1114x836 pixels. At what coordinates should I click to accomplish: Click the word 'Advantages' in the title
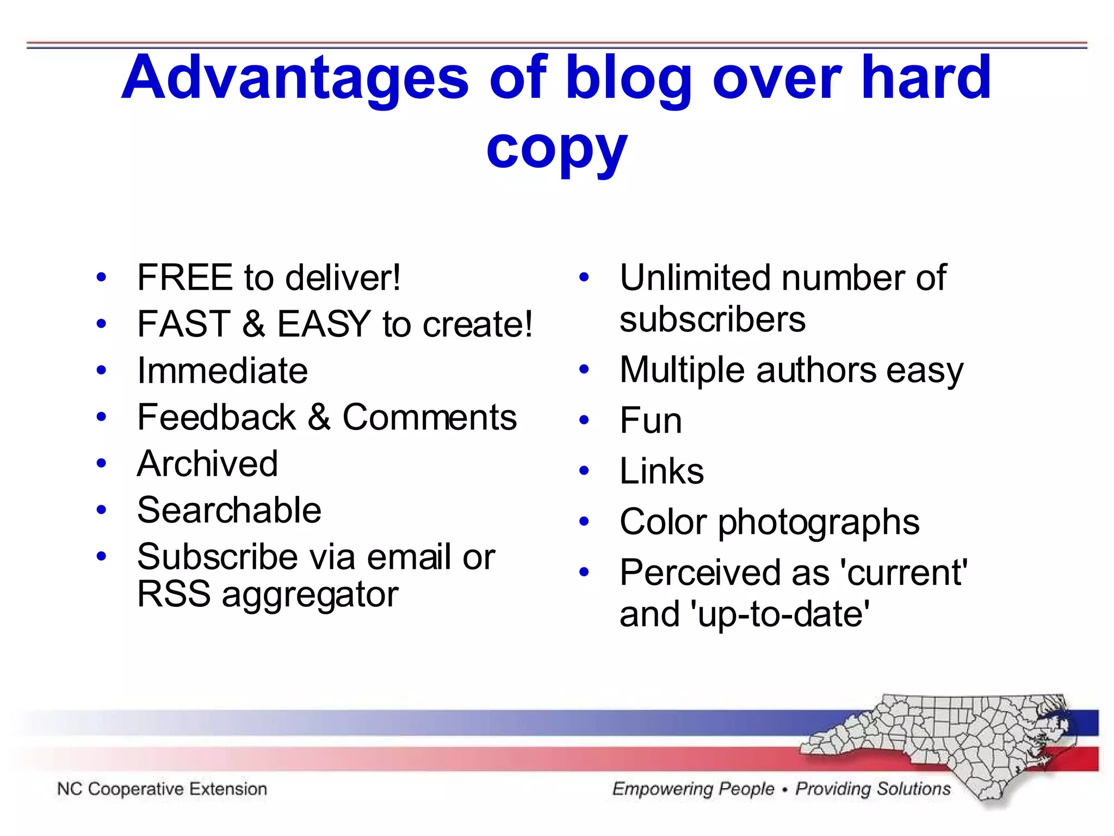(x=294, y=79)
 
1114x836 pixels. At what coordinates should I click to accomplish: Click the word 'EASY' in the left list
(x=324, y=324)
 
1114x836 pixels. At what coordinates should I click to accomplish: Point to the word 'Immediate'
(x=222, y=371)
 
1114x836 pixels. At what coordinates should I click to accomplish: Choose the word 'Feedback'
(x=216, y=417)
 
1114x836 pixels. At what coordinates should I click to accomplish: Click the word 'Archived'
(x=207, y=464)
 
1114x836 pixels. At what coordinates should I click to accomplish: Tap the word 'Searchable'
(x=229, y=511)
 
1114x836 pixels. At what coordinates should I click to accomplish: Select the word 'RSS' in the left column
(x=174, y=594)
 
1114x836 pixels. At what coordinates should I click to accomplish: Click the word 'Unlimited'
(x=695, y=278)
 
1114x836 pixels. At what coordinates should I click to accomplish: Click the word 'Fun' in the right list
(x=651, y=421)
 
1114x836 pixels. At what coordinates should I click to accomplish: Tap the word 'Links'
(x=661, y=471)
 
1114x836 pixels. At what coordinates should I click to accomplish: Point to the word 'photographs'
(x=819, y=522)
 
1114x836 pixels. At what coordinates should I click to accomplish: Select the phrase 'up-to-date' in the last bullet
(x=779, y=614)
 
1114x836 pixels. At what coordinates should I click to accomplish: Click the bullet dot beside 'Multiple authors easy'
(x=584, y=370)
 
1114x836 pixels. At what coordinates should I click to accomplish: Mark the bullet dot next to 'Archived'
(x=101, y=463)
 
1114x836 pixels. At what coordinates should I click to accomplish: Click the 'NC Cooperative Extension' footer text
(x=162, y=789)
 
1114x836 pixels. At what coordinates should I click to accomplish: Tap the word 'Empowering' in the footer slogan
(x=693, y=789)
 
